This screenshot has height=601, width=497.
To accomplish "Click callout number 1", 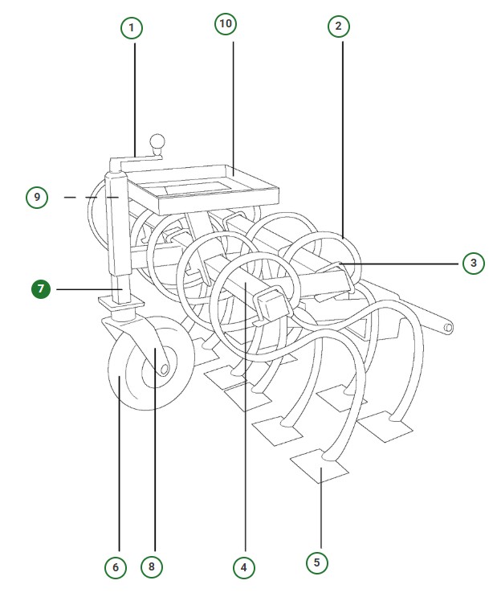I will [132, 29].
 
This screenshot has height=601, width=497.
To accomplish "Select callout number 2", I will [339, 26].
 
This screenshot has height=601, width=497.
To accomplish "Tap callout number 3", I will [474, 263].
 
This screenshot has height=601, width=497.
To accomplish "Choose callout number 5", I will [316, 562].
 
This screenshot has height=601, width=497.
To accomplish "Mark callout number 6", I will [116, 567].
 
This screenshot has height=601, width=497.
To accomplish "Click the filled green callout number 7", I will [42, 288].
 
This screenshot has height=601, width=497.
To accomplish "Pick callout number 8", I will [151, 567].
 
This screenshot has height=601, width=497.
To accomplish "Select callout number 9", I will [37, 196].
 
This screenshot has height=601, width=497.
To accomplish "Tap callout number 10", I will [226, 24].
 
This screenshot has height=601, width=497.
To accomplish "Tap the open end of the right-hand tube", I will [447, 328].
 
